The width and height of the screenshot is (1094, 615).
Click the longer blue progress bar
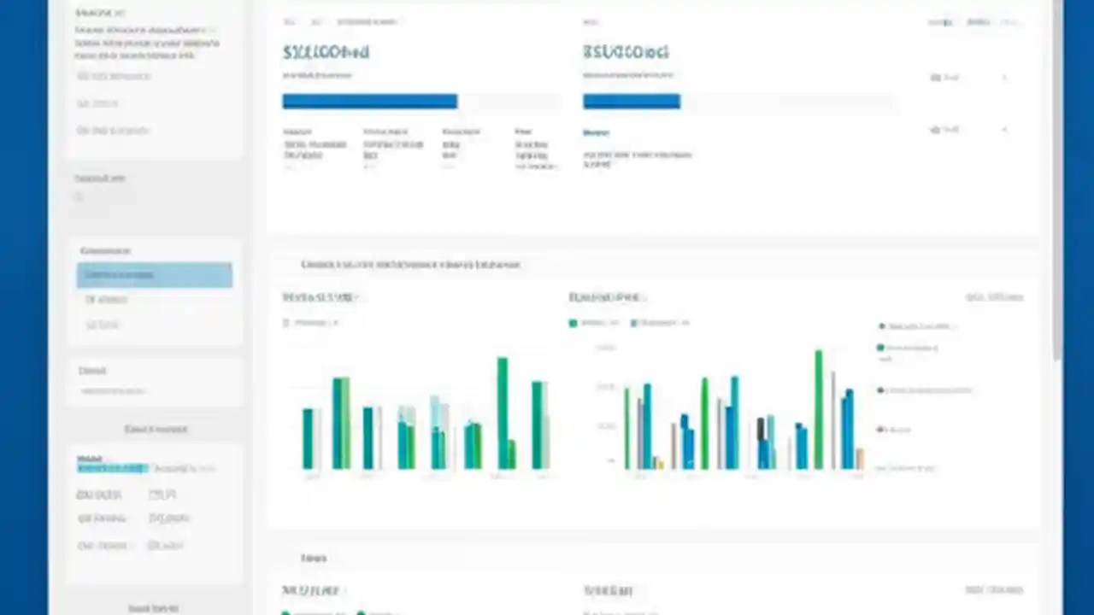click(x=369, y=102)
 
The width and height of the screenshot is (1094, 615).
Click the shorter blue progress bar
click(x=631, y=102)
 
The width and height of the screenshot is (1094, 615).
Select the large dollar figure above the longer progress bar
click(x=326, y=52)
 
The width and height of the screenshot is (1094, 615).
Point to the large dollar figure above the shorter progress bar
click(x=626, y=52)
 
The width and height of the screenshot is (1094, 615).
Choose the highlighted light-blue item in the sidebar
click(x=154, y=275)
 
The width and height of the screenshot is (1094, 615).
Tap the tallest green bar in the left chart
click(x=503, y=413)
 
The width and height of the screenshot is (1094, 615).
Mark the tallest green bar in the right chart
click(x=818, y=409)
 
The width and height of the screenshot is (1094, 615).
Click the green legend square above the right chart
click(x=573, y=323)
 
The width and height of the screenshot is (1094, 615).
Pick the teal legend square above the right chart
click(x=633, y=323)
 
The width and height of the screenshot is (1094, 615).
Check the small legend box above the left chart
click(x=286, y=323)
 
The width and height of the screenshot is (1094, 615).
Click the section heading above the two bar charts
click(x=410, y=265)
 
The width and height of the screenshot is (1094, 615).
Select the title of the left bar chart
click(x=319, y=297)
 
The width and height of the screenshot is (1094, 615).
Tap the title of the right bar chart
click(x=605, y=297)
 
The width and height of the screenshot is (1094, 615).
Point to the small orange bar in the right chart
click(x=860, y=459)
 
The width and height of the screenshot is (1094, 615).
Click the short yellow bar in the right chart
click(x=660, y=463)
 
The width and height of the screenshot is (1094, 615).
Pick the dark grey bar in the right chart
click(x=761, y=442)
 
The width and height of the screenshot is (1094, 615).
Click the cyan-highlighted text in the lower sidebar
click(x=112, y=468)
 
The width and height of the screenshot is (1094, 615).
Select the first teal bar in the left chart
click(x=308, y=438)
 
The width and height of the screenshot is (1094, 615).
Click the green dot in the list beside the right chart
click(x=880, y=348)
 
